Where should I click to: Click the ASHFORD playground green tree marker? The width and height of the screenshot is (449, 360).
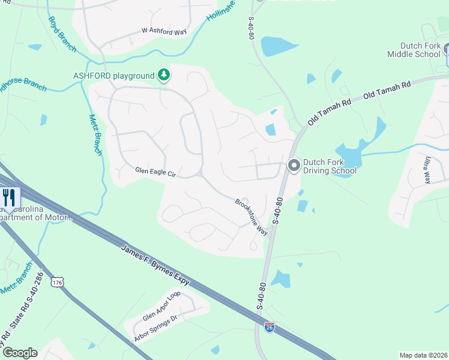pos(164,76)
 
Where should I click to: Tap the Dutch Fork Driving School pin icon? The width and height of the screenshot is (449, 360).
pos(294,165)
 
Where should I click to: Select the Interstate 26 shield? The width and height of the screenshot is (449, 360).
pos(270,327)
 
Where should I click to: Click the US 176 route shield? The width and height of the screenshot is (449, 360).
pos(58,282)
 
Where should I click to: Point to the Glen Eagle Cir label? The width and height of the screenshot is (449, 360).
pos(155,173)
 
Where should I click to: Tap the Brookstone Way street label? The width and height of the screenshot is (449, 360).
pos(251,216)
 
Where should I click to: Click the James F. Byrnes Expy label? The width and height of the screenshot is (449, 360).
pos(155,265)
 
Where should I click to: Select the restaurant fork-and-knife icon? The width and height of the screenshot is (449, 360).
pos(8,198)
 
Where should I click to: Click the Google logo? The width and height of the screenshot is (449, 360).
pos(19,353)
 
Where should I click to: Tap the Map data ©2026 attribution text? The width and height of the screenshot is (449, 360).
pos(423,355)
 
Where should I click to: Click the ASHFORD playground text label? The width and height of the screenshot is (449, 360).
pos(114,76)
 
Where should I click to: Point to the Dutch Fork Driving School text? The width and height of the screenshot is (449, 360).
pos(330,166)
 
